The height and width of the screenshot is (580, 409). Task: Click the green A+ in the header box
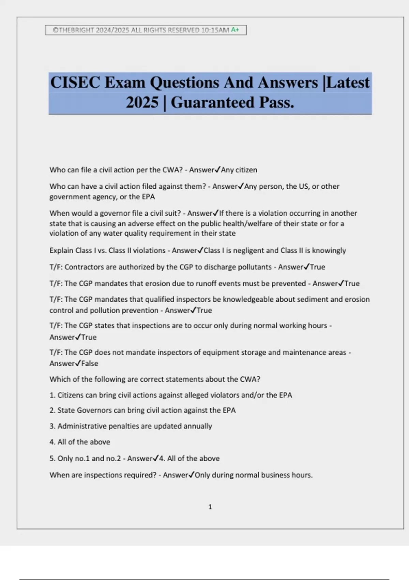pyautogui.click(x=235, y=30)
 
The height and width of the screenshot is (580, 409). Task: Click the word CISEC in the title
pyautogui.click(x=75, y=83)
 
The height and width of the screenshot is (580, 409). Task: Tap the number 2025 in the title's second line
pyautogui.click(x=142, y=103)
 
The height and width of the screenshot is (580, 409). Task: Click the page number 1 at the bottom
pyautogui.click(x=210, y=507)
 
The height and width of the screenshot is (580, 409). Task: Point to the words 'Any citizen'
pyautogui.click(x=239, y=170)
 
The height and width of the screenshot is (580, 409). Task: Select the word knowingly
pyautogui.click(x=329, y=250)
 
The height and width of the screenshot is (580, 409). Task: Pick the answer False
pyautogui.click(x=90, y=364)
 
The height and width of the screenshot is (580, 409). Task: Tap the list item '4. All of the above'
pyautogui.click(x=80, y=442)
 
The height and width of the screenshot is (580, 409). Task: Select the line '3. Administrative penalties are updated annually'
pyautogui.click(x=131, y=426)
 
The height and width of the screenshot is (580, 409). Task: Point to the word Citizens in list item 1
pyautogui.click(x=71, y=395)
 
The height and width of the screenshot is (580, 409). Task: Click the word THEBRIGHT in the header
pyautogui.click(x=76, y=30)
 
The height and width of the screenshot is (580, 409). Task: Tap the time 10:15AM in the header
pyautogui.click(x=215, y=30)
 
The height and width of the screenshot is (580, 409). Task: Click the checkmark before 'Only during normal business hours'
pyautogui.click(x=192, y=475)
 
